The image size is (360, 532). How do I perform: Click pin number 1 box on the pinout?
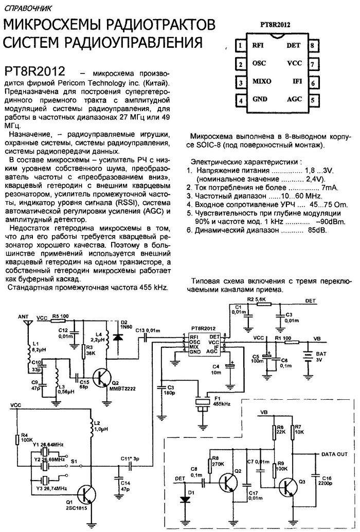click(240, 45)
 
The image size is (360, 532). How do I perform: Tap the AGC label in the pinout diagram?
click(294, 99)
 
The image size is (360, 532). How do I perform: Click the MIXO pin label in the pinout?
click(262, 81)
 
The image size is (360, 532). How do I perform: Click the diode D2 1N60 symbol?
click(118, 336)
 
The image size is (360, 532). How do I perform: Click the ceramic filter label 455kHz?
click(222, 404)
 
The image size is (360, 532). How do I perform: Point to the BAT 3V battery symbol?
click(308, 357)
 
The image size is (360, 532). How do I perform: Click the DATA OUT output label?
click(334, 454)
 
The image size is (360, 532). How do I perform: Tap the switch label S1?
click(74, 462)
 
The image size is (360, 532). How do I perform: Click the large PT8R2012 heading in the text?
click(35, 71)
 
